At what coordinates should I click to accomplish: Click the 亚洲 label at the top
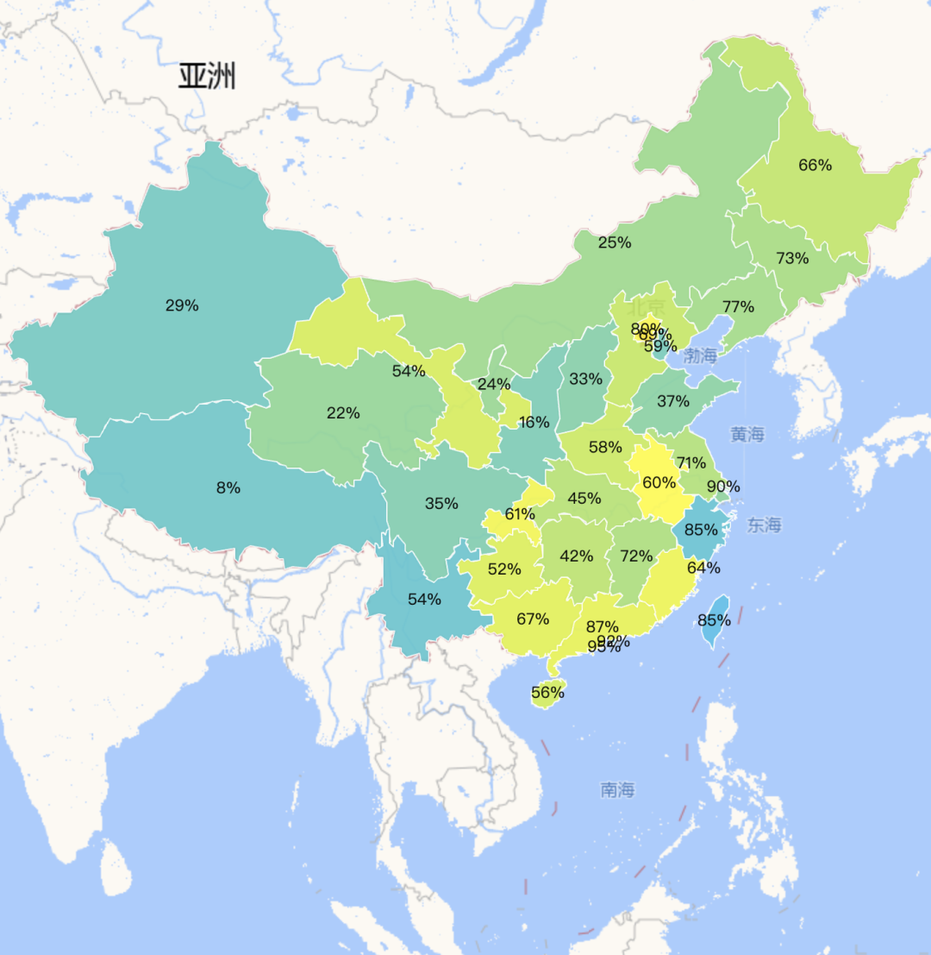(x=207, y=77)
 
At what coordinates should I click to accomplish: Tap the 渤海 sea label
(x=699, y=355)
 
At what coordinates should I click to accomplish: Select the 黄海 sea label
(x=747, y=435)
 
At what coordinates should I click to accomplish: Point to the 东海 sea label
(x=764, y=525)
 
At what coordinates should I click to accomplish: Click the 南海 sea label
(x=617, y=789)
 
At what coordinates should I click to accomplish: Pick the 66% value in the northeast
(x=815, y=165)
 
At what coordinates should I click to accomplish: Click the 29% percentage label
(x=182, y=305)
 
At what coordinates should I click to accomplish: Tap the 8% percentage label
(x=228, y=487)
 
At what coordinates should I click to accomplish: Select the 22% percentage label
(x=343, y=413)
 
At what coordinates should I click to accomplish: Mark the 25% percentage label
(x=615, y=242)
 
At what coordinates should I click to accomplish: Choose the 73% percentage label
(x=791, y=258)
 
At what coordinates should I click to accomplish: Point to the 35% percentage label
(x=441, y=504)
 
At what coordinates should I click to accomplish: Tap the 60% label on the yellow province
(x=659, y=482)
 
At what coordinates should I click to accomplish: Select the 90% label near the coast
(x=722, y=487)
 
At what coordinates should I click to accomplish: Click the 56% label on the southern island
(x=547, y=692)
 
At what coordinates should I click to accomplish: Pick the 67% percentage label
(x=533, y=619)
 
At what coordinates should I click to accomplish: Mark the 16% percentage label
(x=534, y=422)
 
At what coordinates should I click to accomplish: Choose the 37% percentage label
(x=672, y=401)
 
